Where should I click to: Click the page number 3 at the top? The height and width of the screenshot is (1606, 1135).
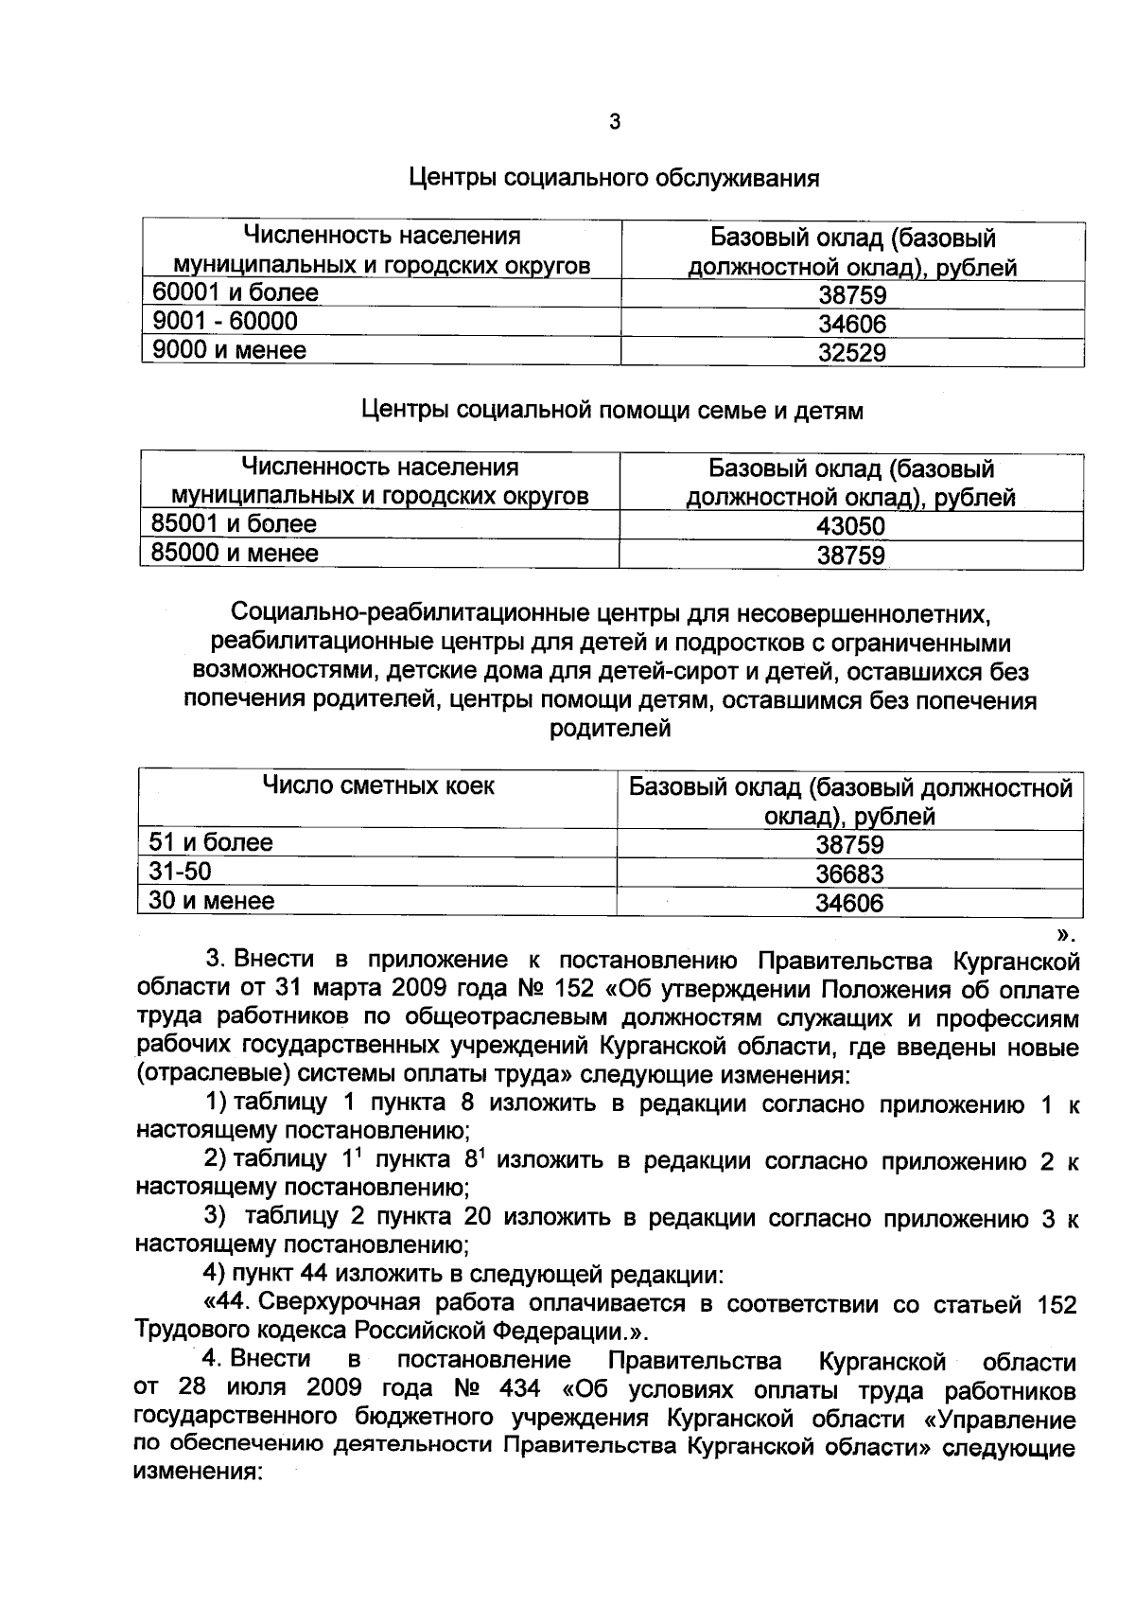pos(615,122)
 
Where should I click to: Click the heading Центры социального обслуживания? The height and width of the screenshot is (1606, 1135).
pos(614,178)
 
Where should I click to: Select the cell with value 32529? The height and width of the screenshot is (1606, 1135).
pos(852,354)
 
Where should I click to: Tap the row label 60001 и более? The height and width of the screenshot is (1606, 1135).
pos(236,293)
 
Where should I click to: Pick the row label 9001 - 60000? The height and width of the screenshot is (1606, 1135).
pos(225,322)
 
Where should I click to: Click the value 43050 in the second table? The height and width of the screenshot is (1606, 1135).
pos(851,527)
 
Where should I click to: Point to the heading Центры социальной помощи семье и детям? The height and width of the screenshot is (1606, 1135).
pos(613,411)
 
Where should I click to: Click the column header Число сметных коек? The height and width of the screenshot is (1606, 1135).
pos(378,786)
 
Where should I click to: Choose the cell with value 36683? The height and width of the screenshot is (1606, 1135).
pos(849,874)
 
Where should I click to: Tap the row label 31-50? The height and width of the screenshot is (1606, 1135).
pos(181,872)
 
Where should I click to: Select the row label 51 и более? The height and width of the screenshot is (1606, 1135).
pos(211,843)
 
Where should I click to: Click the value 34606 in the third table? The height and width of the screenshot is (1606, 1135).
pos(849,904)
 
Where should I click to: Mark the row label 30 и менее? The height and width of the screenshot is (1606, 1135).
pos(212,901)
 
